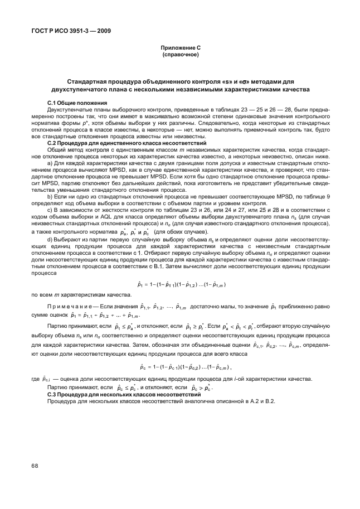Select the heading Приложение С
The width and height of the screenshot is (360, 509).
(x=180, y=49)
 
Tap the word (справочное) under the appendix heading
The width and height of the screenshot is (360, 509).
(x=180, y=55)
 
